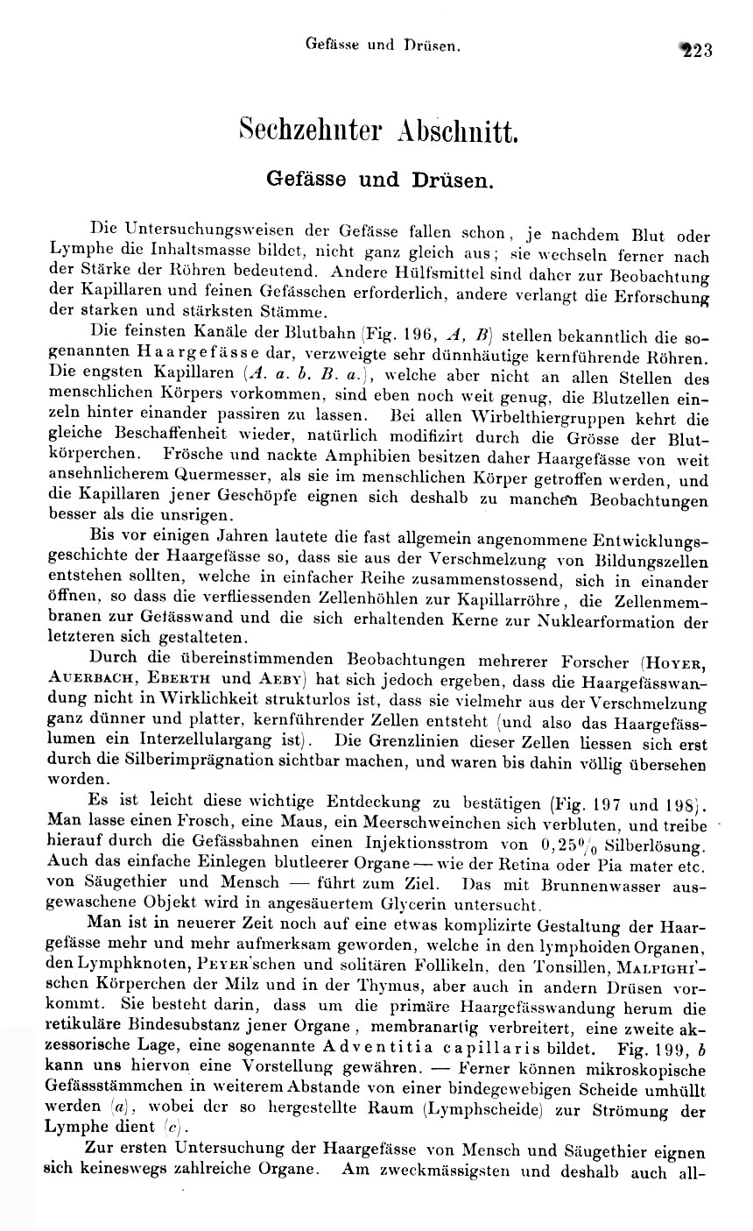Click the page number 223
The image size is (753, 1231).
pyautogui.click(x=696, y=49)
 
